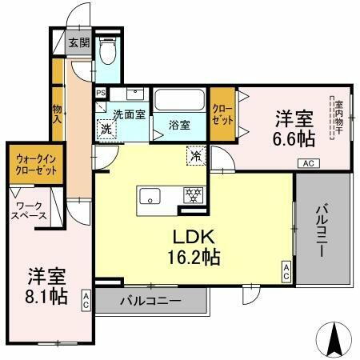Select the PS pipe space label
tap(100, 93)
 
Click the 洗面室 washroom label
tap(129, 114)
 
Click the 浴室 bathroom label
tap(178, 125)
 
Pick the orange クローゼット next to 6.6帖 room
tap(223, 114)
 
